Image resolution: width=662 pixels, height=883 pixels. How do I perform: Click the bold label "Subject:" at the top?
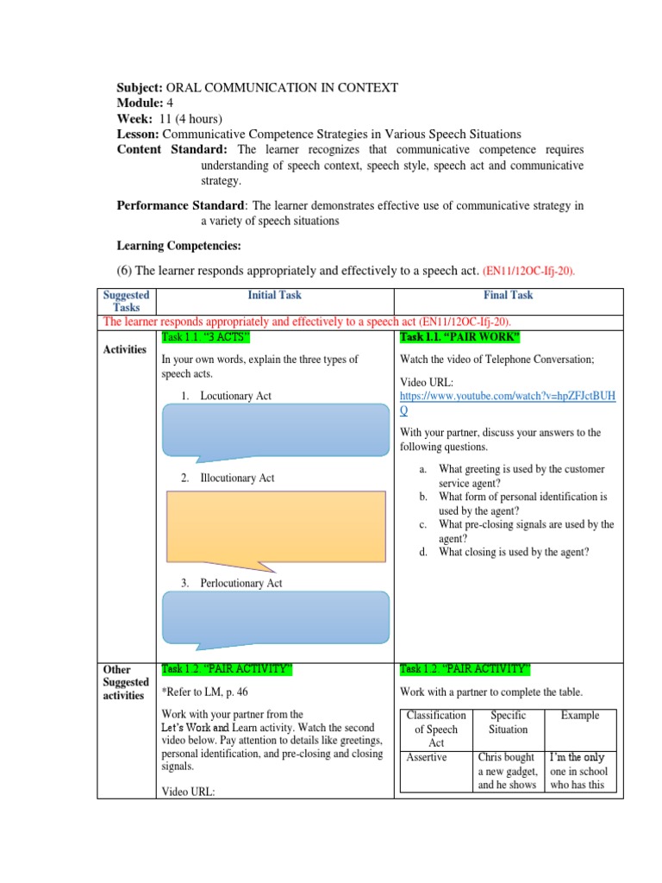(x=139, y=87)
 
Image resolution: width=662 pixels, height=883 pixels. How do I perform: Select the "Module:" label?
(x=138, y=103)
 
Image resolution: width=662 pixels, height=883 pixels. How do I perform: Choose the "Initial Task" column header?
(x=274, y=295)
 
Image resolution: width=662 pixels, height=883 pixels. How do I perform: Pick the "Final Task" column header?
(x=508, y=295)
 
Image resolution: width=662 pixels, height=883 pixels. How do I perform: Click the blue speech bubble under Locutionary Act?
(x=274, y=428)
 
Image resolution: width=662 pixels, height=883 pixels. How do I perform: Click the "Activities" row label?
(x=125, y=349)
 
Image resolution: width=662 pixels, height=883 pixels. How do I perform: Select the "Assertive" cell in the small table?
(x=428, y=758)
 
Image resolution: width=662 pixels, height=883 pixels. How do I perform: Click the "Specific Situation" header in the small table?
(x=509, y=723)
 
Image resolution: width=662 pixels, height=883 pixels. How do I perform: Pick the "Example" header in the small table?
(x=580, y=716)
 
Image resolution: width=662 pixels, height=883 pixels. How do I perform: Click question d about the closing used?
(x=514, y=552)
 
